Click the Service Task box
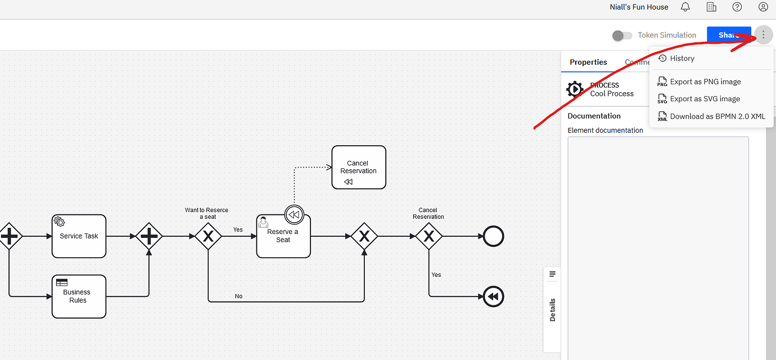click(79, 236)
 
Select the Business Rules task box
click(79, 296)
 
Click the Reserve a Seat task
click(283, 236)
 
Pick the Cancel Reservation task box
click(359, 168)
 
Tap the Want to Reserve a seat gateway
click(208, 236)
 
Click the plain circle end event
click(493, 236)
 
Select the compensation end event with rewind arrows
click(493, 296)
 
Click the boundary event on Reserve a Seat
click(294, 215)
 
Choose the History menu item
click(682, 58)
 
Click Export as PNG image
click(705, 82)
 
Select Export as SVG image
click(705, 99)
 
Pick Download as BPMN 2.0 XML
click(717, 116)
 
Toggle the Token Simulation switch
click(622, 35)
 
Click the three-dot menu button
click(763, 35)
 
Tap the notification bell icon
click(685, 7)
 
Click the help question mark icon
click(737, 7)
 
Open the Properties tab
click(588, 62)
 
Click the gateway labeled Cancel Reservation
click(429, 236)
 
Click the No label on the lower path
click(238, 296)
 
